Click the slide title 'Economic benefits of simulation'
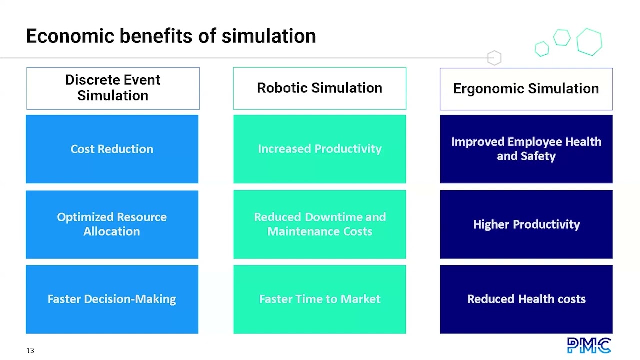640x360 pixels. (171, 36)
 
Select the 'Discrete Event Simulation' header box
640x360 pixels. (113, 88)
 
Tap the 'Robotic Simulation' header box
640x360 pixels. (319, 88)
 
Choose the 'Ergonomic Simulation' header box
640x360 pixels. (526, 89)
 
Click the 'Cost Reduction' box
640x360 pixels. (112, 149)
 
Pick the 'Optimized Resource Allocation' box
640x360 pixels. (112, 224)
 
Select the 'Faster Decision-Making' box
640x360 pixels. (112, 299)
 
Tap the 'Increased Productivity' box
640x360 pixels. (319, 149)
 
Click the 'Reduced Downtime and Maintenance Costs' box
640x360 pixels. (319, 224)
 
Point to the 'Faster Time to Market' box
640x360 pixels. (319, 299)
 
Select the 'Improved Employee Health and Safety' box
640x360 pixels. (526, 149)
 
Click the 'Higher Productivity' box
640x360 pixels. (526, 224)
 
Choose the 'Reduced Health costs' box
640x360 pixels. (526, 299)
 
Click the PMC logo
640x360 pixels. (589, 345)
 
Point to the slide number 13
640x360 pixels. (30, 350)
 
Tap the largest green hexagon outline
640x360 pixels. (589, 41)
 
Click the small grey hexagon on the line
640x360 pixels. (494, 58)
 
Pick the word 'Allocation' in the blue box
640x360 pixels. (112, 232)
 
